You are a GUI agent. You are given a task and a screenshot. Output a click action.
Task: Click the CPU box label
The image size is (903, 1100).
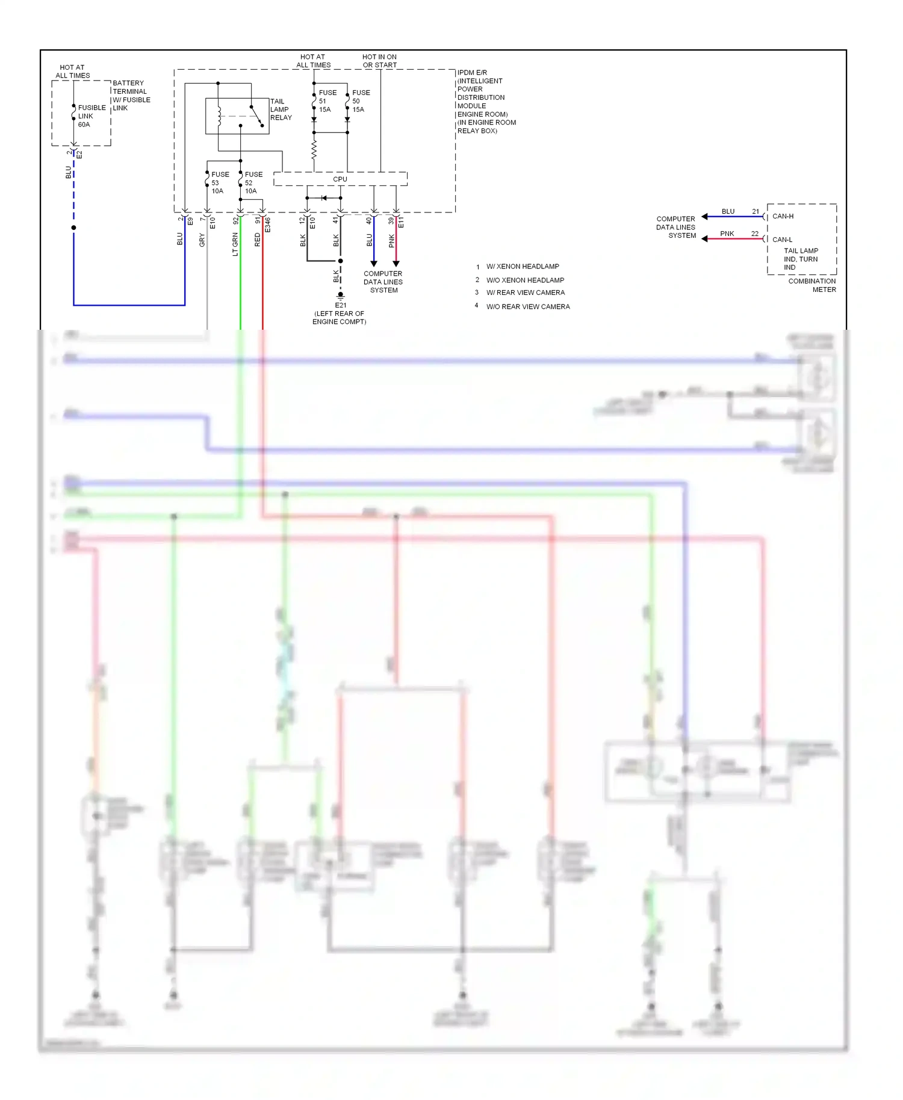pyautogui.click(x=340, y=179)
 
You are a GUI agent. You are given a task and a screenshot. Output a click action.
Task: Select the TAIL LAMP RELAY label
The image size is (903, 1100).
pyautogui.click(x=281, y=110)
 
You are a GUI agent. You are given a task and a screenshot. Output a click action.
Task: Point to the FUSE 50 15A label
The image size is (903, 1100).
pyautogui.click(x=360, y=101)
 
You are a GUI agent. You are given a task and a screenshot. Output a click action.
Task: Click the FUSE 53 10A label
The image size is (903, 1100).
pyautogui.click(x=219, y=183)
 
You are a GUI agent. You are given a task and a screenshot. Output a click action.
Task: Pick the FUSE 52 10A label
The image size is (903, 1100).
pyautogui.click(x=253, y=183)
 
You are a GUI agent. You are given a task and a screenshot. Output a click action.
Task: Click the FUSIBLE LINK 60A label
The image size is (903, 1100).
pyautogui.click(x=90, y=116)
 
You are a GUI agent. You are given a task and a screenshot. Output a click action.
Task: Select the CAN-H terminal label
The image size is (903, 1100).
pyautogui.click(x=783, y=216)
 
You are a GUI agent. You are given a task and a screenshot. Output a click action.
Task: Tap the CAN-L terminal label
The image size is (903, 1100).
pyautogui.click(x=782, y=239)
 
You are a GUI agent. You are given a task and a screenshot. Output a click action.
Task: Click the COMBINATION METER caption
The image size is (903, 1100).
pyautogui.click(x=812, y=285)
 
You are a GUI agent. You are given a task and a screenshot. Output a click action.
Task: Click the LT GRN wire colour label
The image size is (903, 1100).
pyautogui.click(x=235, y=244)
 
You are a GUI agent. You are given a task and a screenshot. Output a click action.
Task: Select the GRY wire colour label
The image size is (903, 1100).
pyautogui.click(x=202, y=240)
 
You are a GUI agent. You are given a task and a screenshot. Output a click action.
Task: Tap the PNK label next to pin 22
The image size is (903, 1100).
pyautogui.click(x=727, y=233)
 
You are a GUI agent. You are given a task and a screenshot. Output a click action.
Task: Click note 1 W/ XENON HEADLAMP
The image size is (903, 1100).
pyautogui.click(x=522, y=266)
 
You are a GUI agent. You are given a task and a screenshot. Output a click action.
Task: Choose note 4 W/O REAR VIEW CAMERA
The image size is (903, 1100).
pyautogui.click(x=527, y=306)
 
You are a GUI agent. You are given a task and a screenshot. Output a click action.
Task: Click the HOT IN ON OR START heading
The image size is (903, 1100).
pyautogui.click(x=379, y=61)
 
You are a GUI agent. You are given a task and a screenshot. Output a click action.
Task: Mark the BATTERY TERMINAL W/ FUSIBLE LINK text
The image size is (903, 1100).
pyautogui.click(x=131, y=96)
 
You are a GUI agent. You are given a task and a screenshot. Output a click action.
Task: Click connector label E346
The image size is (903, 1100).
pyautogui.click(x=268, y=224)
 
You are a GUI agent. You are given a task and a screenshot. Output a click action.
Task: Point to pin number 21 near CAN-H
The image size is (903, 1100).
pyautogui.click(x=755, y=211)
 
